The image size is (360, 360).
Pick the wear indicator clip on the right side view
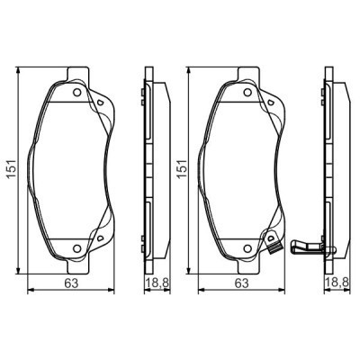306,245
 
